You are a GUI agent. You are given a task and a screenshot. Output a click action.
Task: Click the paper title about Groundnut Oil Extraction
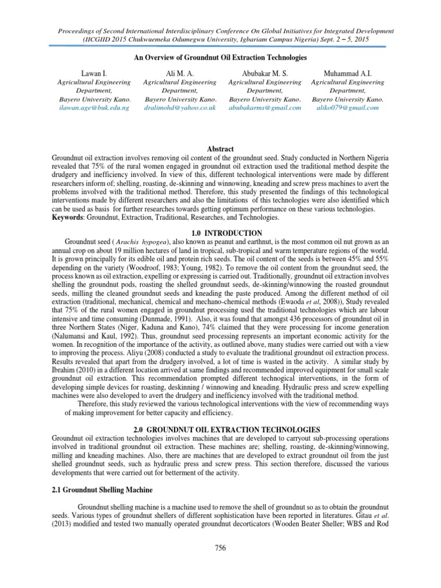(x=220, y=58)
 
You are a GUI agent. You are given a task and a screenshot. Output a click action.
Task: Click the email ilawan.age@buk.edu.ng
(x=94, y=107)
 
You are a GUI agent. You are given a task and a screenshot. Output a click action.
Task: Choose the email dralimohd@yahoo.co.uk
(x=179, y=107)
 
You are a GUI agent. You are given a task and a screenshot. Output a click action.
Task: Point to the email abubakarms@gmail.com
(x=265, y=107)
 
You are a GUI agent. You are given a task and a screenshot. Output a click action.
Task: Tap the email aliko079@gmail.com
(x=348, y=107)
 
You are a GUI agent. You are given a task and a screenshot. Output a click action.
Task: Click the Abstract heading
(x=220, y=149)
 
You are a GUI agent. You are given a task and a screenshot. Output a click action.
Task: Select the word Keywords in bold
(x=68, y=218)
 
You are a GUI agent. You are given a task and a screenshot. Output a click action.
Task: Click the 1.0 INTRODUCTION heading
(x=220, y=233)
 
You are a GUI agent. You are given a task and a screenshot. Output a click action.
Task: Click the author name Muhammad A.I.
(x=348, y=73)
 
